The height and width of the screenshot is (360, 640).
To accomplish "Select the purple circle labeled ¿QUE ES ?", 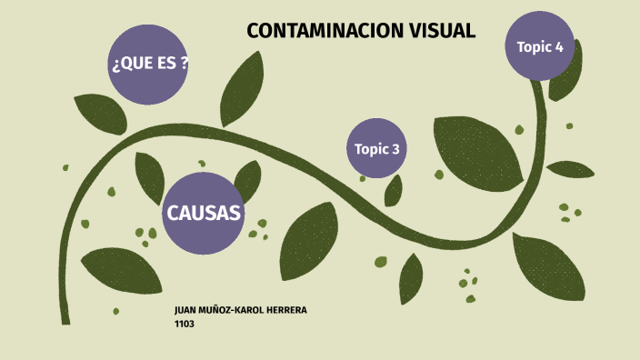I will click(x=149, y=64).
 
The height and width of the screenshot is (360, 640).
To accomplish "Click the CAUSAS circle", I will click(x=204, y=214).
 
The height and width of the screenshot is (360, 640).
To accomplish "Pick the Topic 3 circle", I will click(x=375, y=148).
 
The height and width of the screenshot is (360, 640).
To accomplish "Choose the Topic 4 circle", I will click(x=540, y=46).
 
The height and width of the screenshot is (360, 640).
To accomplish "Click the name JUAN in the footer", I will click(x=186, y=311).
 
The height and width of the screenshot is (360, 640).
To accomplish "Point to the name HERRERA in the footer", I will click(x=284, y=311).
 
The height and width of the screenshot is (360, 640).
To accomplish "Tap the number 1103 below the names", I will click(x=184, y=323).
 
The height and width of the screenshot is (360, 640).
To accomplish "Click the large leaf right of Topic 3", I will click(x=477, y=147).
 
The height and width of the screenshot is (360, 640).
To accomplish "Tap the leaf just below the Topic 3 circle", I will click(x=394, y=191).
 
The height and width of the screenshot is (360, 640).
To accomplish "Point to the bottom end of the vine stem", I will click(x=65, y=319).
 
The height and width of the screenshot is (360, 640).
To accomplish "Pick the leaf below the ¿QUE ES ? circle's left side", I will click(x=99, y=112).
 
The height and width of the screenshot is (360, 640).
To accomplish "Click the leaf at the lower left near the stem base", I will click(x=122, y=270).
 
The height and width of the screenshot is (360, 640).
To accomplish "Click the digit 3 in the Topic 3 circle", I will click(x=395, y=149).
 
